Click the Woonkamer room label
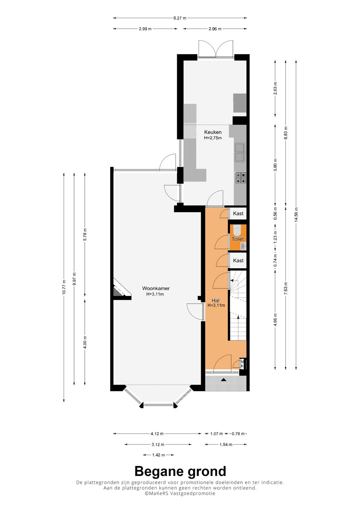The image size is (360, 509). [156, 288]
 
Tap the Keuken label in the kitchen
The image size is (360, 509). [213, 132]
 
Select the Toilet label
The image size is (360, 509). [237, 239]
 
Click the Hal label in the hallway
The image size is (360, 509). [215, 301]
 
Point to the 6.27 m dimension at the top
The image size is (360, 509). [180, 18]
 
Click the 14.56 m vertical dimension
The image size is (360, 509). [296, 215]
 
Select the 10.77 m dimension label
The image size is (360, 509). [64, 287]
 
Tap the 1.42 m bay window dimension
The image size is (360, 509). [158, 455]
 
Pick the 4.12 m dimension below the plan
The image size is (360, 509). [157, 434]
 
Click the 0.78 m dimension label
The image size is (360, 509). [238, 434]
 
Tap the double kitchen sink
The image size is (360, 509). [240, 152]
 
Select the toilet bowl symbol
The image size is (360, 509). [237, 230]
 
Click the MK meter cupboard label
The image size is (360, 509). [242, 364]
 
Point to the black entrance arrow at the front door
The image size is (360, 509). [223, 379]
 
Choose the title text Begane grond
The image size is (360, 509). [180, 471]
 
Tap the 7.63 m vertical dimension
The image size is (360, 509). [286, 288]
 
